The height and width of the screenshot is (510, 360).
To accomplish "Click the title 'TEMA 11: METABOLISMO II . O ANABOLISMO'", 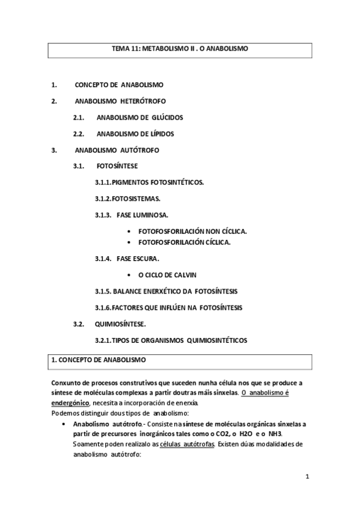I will (180, 48).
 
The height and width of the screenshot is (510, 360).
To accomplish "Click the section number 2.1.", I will (78, 117).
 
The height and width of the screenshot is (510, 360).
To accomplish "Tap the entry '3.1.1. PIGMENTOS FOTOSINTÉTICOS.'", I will (150, 182).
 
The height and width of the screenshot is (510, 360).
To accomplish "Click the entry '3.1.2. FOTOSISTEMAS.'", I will (128, 198).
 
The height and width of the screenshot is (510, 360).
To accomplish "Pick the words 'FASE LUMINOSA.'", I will (142, 215).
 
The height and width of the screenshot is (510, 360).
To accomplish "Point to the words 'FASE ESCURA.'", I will (138, 259).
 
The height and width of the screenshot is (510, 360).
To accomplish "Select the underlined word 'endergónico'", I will (70, 402).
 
